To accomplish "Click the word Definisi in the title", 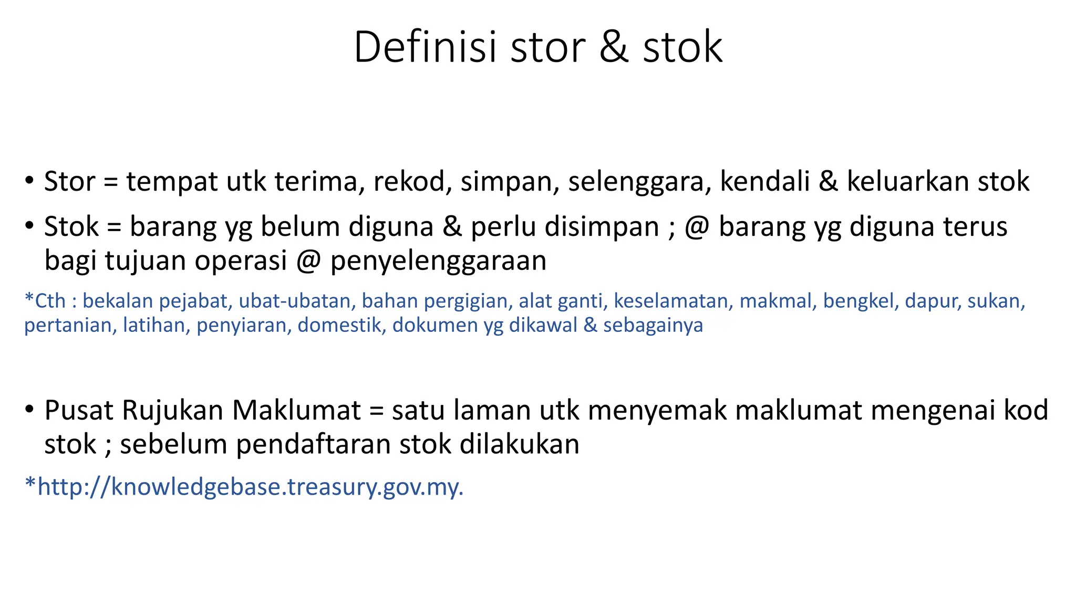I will point(425,47).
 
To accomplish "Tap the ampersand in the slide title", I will point(614,47).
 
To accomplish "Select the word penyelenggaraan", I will point(438,262).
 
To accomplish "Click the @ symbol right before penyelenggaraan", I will point(308,261).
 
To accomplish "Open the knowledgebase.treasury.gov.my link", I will point(250,487).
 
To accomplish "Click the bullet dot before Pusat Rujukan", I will point(29,409).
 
